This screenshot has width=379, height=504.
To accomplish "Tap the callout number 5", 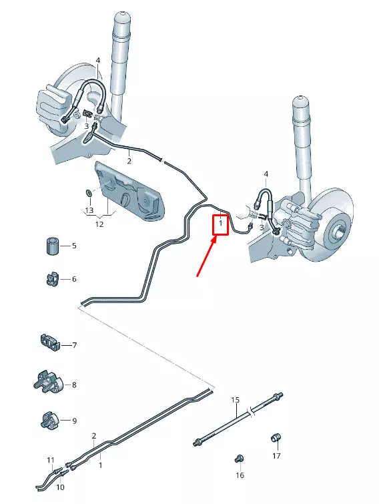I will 74,246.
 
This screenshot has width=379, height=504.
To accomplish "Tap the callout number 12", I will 99,224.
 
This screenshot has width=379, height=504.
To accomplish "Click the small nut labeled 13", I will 87,194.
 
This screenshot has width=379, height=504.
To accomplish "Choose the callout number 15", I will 235,400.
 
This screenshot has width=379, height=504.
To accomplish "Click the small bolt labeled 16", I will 238,458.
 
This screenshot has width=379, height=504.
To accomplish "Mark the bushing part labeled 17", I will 275,438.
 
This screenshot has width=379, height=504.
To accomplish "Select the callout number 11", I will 51,460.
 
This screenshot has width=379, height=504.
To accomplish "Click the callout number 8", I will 74,385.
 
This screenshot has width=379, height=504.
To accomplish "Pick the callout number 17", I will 276,456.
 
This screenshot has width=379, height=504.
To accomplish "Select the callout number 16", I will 240,475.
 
